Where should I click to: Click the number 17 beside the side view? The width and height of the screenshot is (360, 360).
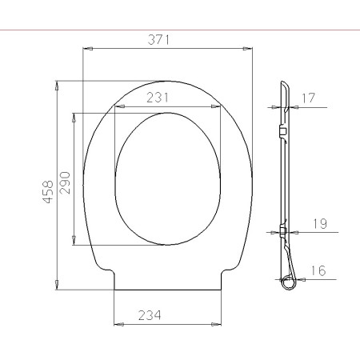click(311, 98)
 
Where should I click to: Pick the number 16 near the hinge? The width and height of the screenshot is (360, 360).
click(318, 271)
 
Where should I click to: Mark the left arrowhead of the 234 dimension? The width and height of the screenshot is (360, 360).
click(118, 324)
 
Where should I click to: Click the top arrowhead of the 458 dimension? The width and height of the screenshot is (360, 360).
click(57, 83)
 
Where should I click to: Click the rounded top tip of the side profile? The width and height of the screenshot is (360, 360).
click(284, 84)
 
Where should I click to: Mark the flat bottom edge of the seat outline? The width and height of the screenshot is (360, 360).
click(168, 289)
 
